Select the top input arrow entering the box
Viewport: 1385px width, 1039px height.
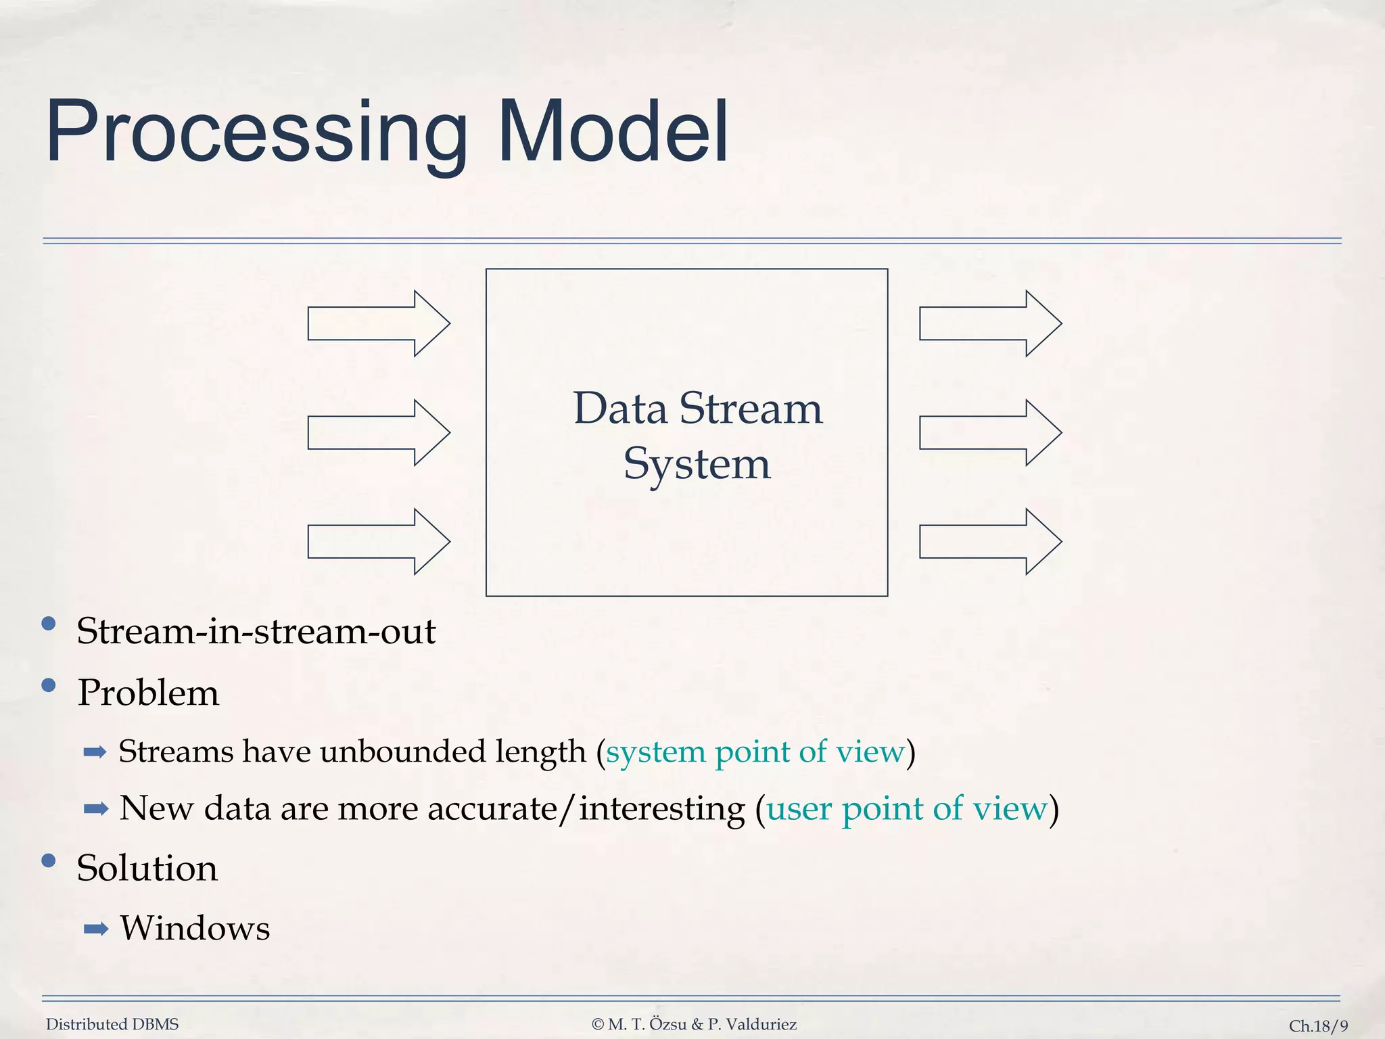378,323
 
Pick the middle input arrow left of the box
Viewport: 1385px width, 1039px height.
378,433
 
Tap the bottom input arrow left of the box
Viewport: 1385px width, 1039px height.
378,542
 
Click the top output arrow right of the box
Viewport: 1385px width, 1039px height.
990,323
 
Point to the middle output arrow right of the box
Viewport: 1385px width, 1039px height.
990,433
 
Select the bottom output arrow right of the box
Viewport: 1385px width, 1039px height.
990,542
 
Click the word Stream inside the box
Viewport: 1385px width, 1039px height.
751,409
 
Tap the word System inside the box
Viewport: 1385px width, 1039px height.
697,465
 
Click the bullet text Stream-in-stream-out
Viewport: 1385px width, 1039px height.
256,631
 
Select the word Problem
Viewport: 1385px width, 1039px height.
148,693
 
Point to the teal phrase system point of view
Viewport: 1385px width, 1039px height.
755,752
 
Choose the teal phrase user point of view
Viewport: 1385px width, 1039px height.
906,808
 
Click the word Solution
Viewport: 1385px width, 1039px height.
147,868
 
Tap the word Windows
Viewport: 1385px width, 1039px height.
195,928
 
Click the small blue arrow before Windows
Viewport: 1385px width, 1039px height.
95,929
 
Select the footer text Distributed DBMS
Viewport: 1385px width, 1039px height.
112,1024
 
